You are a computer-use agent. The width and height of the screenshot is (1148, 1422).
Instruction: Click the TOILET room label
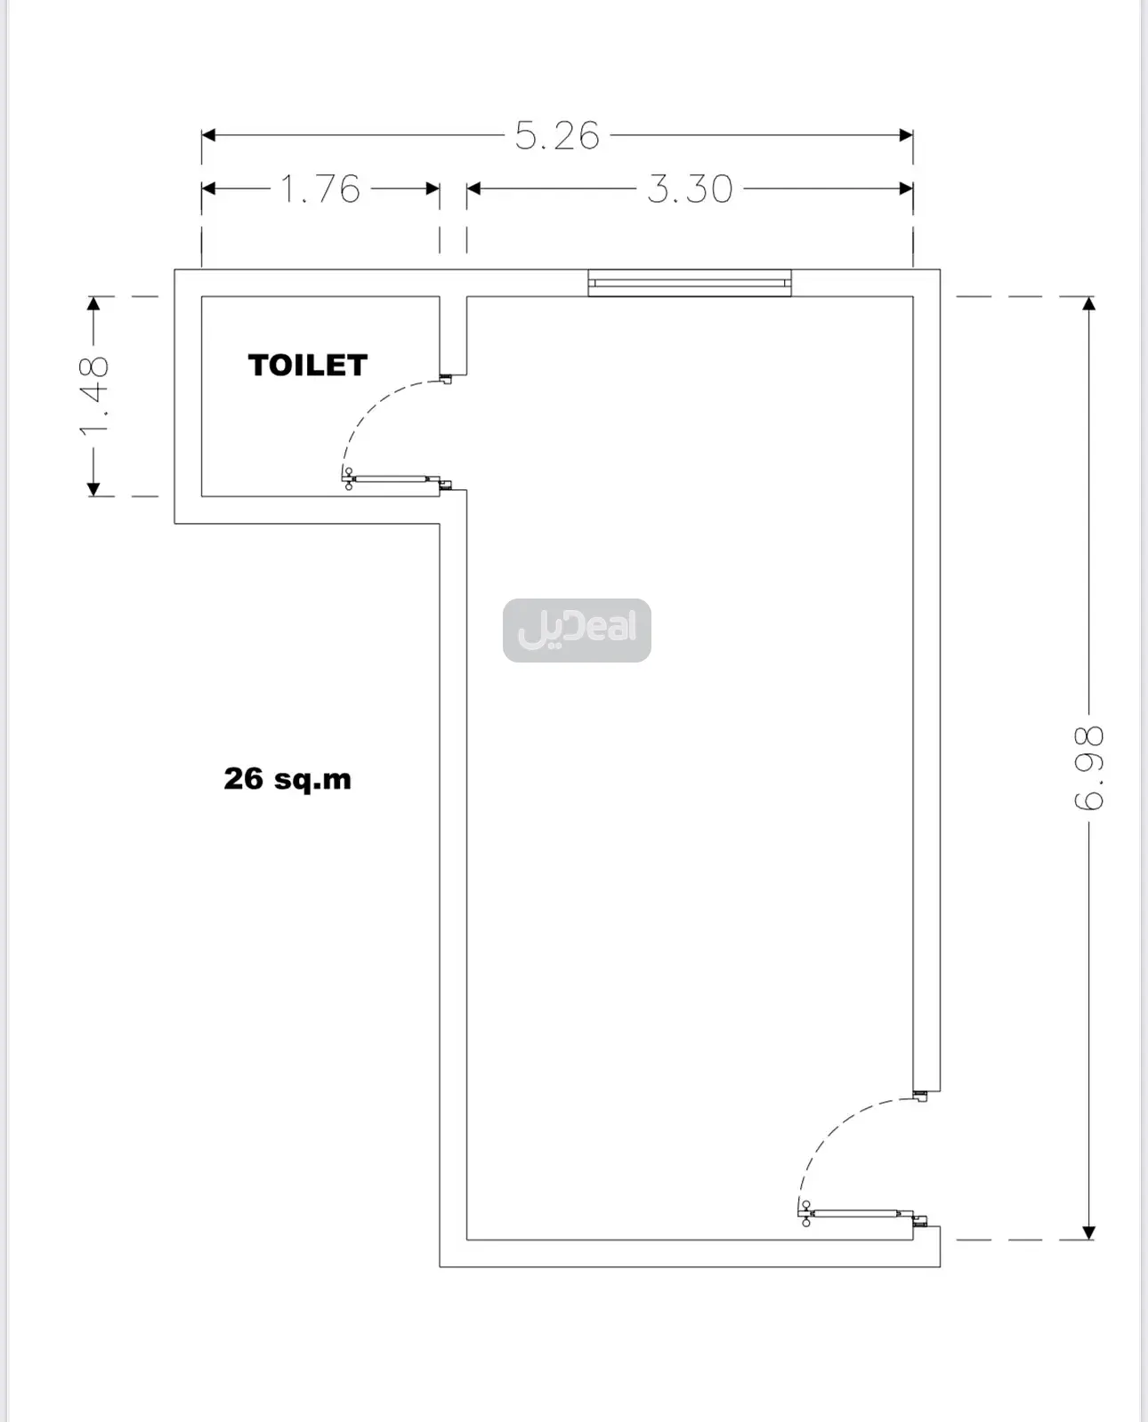coord(308,366)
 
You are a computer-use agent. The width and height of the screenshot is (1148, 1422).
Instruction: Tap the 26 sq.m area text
coord(287,778)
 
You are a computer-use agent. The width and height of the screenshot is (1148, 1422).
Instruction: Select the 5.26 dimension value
coord(557,135)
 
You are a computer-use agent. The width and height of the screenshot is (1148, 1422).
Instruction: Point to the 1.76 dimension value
coord(320,189)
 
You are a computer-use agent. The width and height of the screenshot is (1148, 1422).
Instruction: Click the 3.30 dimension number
coord(690,189)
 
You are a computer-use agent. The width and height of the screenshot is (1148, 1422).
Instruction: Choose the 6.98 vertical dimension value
coord(1089,767)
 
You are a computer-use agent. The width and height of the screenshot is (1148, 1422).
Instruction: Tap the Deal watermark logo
coord(577,631)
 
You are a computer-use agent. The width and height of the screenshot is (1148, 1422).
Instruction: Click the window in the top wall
coord(690,283)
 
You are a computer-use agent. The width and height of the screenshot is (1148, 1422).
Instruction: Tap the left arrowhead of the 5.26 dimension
coord(208,135)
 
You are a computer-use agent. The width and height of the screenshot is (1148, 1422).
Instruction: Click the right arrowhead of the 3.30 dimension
coord(906,189)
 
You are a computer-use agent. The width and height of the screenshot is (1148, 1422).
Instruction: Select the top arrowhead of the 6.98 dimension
coord(1089,304)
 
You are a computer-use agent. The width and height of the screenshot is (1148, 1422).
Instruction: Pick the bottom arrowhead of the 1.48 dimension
coord(94,489)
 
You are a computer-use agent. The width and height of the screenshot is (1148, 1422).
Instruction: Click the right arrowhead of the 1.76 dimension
coord(433,189)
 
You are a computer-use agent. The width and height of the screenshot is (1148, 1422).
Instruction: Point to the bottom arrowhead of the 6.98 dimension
coord(1089,1233)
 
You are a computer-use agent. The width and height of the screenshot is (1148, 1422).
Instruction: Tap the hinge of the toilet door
coord(349,478)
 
